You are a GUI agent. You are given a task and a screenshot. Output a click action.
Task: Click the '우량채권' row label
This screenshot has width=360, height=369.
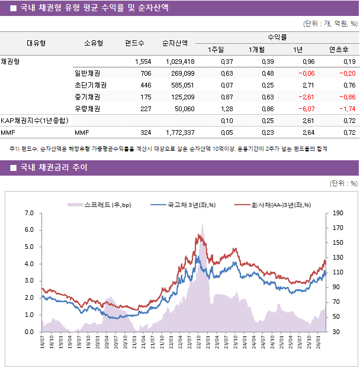tap(87, 109)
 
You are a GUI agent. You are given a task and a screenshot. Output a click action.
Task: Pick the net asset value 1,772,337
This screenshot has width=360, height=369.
tap(178, 132)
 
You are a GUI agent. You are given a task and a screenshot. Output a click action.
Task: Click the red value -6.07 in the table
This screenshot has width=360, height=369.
tap(307, 109)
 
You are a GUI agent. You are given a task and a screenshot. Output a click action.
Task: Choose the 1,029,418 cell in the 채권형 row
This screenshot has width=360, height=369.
tap(179, 61)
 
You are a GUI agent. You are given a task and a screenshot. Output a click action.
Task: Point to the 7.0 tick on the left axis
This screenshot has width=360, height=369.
tap(30, 213)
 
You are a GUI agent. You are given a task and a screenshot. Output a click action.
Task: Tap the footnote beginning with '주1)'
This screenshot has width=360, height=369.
tap(169, 149)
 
